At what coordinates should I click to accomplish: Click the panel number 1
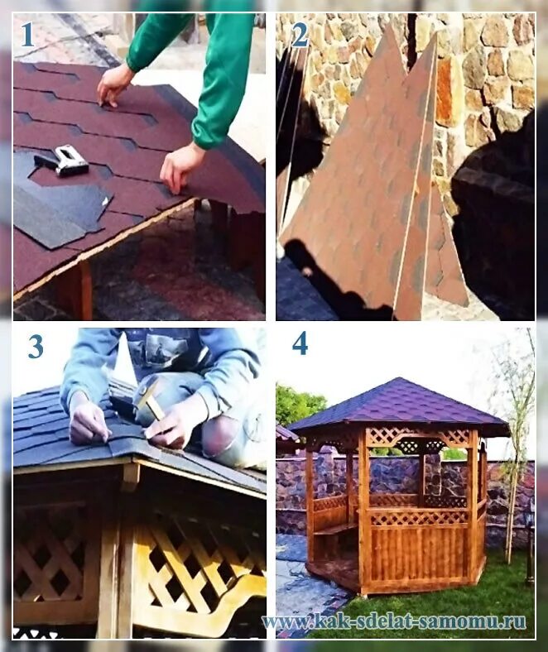point(27,35)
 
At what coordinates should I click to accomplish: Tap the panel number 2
point(300,35)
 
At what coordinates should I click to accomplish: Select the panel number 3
point(36,347)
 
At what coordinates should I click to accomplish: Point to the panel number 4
point(300,344)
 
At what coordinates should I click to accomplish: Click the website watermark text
point(394,621)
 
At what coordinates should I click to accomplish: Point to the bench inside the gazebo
point(335,529)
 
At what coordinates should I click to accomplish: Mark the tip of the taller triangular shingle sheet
point(388,25)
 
